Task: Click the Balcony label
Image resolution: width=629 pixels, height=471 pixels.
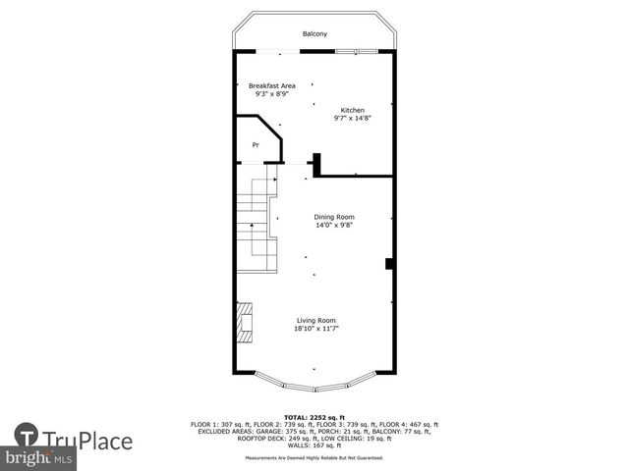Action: (314, 34)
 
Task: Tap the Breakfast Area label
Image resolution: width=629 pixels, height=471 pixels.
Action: (271, 85)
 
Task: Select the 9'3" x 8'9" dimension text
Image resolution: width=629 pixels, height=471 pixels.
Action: (271, 94)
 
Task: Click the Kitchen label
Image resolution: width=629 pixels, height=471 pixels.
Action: (353, 109)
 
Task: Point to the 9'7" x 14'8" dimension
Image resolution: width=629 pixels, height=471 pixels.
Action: (353, 118)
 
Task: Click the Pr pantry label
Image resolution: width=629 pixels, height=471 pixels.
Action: (256, 145)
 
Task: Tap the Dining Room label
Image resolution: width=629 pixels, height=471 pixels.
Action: (334, 217)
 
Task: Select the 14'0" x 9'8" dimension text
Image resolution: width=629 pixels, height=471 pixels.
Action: (334, 226)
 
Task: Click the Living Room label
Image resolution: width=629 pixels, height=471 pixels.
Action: (315, 320)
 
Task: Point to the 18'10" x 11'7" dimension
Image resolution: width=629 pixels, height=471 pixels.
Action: (315, 329)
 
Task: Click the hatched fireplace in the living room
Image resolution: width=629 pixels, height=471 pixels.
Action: (244, 321)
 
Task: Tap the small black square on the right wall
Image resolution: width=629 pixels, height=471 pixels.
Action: (390, 263)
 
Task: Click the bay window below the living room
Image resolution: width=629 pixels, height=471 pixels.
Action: (314, 379)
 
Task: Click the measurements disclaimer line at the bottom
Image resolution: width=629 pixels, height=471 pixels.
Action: (314, 457)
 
